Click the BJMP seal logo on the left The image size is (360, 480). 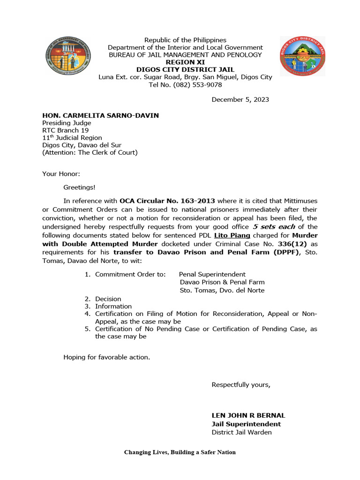[x=68, y=59]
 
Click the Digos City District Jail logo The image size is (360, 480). [x=302, y=57]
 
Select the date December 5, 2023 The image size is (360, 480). [x=240, y=99]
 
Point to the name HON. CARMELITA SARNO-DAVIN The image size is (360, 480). [x=101, y=115]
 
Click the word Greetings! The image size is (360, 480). [x=79, y=187]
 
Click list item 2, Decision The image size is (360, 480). [x=108, y=299]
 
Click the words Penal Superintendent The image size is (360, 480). [x=212, y=274]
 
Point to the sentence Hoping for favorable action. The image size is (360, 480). [x=107, y=357]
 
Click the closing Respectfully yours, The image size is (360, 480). [x=241, y=385]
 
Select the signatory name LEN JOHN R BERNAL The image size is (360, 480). [x=248, y=415]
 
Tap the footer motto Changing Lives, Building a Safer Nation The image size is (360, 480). [x=180, y=452]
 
